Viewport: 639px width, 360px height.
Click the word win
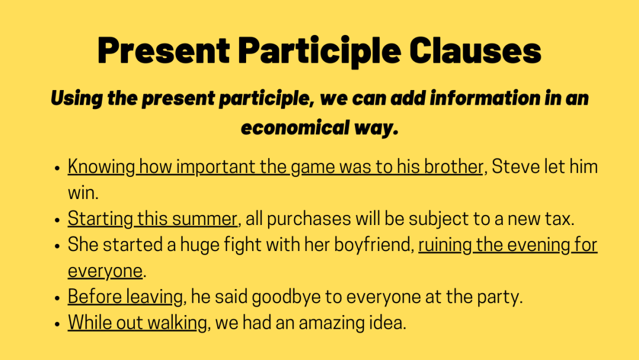tap(79, 193)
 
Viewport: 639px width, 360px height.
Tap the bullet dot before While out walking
tap(57, 323)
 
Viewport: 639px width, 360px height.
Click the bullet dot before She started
tap(57, 245)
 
